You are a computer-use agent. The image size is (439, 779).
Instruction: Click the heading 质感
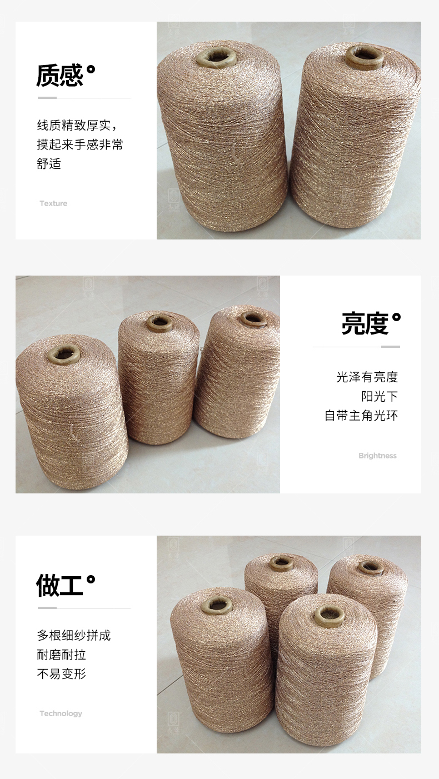tap(60, 75)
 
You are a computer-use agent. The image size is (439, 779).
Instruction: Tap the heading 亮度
tap(365, 323)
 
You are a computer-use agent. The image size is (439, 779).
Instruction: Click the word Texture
tap(53, 203)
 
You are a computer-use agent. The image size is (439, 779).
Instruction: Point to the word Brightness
tap(377, 456)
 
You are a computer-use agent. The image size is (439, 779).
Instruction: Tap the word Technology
tap(61, 713)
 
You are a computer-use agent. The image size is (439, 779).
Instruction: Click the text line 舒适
tap(49, 163)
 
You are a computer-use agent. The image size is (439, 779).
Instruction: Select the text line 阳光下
tap(379, 396)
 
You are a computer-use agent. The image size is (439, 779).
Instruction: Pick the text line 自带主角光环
tap(361, 415)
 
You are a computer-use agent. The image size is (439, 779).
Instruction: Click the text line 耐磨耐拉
tap(61, 655)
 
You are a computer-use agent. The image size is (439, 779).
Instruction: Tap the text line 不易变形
tap(61, 673)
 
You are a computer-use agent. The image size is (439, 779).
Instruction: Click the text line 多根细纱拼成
tap(74, 636)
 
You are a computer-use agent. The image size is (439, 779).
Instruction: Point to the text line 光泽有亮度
tap(367, 377)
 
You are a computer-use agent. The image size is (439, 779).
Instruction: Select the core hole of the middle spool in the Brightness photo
tap(159, 323)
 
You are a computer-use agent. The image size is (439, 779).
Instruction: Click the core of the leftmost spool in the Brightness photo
tap(64, 354)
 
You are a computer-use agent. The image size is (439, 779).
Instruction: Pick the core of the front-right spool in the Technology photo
tap(330, 615)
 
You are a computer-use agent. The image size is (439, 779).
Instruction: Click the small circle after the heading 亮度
tap(396, 317)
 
